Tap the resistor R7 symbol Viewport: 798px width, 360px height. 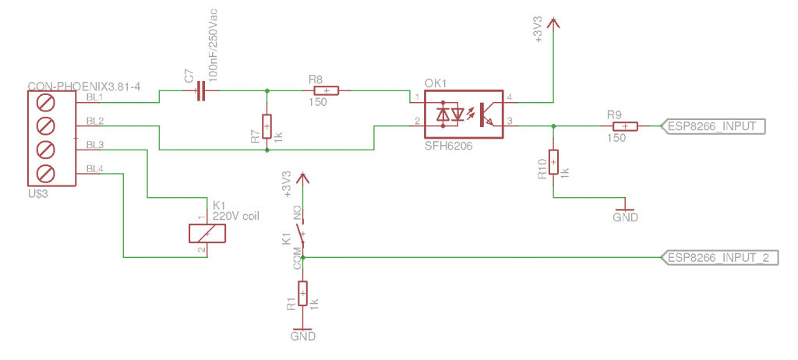(x=267, y=126)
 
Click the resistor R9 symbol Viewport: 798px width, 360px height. (x=625, y=126)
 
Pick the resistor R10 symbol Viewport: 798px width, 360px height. (x=553, y=162)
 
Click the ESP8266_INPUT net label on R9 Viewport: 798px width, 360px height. (x=713, y=126)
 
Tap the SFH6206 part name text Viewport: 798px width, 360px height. (x=447, y=146)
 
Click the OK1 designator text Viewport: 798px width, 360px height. (x=436, y=83)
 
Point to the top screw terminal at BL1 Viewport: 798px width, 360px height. (x=45, y=103)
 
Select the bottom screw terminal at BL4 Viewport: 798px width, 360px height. (x=45, y=172)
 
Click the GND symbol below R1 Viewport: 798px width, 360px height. (x=303, y=334)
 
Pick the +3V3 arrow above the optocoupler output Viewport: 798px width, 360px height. (x=553, y=25)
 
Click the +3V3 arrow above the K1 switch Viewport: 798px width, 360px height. (x=303, y=179)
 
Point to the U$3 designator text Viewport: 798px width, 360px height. (x=37, y=193)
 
